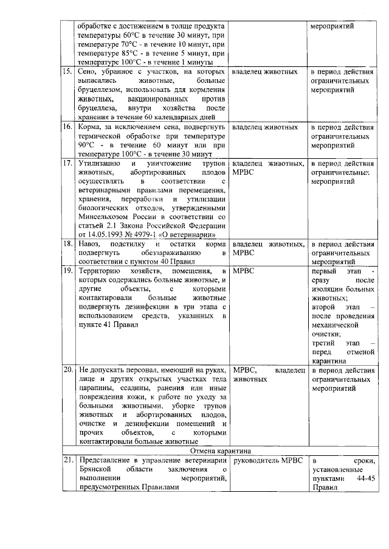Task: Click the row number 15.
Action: coord(67,72)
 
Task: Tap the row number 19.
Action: coord(67,270)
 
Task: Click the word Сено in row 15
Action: coord(89,72)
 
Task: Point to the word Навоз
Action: coord(89,243)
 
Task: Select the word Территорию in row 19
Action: coord(100,270)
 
